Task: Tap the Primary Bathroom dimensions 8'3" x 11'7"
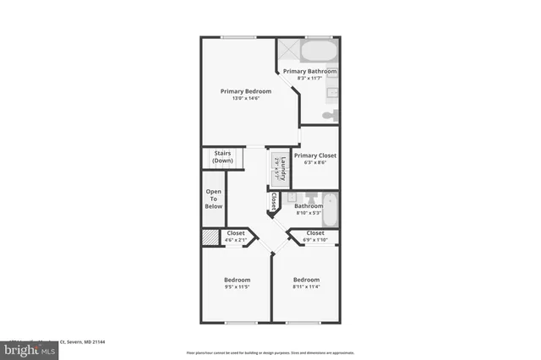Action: coord(309,79)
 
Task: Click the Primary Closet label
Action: coord(315,155)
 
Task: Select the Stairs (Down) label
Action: coord(223,157)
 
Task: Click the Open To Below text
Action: coord(214,199)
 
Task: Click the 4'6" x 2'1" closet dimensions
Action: coord(236,241)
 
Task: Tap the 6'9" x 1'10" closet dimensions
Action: coord(314,240)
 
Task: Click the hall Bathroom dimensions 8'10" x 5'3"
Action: coord(308,213)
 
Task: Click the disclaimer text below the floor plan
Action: coord(270,352)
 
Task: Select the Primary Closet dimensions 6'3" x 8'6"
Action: coord(315,163)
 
